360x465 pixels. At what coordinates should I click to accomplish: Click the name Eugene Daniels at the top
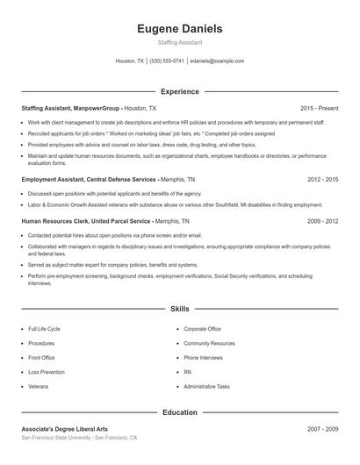(180, 29)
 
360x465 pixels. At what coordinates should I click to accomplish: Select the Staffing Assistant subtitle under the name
(180, 43)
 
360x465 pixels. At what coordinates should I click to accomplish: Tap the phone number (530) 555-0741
(167, 61)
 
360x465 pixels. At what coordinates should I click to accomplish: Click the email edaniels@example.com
(217, 61)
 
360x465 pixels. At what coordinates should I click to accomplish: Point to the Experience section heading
(180, 91)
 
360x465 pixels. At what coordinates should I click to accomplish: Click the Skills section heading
(180, 309)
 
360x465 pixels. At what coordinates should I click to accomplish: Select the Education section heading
(180, 411)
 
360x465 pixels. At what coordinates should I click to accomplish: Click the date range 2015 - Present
(319, 108)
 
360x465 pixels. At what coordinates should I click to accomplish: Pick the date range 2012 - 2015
(322, 179)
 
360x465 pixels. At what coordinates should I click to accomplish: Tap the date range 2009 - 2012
(322, 222)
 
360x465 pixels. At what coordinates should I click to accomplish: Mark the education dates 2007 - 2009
(322, 429)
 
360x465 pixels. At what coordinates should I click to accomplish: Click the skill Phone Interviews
(203, 358)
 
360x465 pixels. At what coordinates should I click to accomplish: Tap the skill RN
(188, 372)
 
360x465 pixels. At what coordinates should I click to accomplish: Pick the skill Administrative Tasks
(206, 386)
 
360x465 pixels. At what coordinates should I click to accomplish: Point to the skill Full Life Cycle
(44, 329)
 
